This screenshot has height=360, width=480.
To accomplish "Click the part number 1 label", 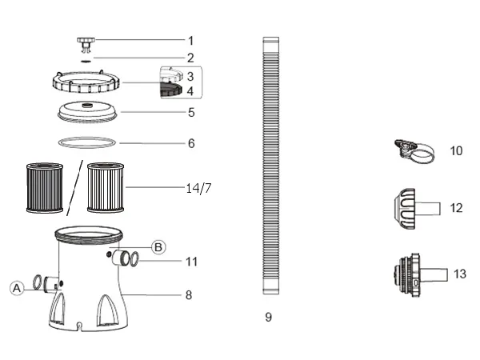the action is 190,41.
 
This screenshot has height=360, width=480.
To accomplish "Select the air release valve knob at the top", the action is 86,44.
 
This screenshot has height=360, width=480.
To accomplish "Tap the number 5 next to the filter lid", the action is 191,113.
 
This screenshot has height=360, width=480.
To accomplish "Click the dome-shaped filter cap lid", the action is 87,111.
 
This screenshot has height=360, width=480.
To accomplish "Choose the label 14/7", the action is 198,188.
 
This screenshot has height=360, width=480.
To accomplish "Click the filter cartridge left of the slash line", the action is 45,188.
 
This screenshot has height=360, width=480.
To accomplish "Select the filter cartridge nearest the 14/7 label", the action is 106,188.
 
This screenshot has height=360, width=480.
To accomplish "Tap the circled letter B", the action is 158,247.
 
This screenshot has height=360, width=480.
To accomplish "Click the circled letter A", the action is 17,288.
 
